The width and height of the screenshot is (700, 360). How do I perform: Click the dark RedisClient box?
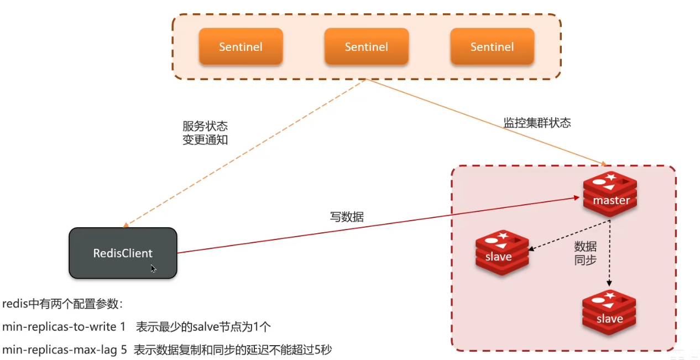[x=123, y=253]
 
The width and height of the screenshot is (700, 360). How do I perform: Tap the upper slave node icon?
[x=502, y=252]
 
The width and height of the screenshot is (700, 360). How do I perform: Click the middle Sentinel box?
[x=366, y=47]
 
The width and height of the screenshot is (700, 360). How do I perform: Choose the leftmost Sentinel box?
[x=241, y=47]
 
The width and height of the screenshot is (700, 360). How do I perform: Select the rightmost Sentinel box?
[x=492, y=47]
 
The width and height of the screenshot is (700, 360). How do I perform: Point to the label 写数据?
[x=347, y=217]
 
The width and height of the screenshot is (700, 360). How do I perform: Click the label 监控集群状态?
[x=537, y=123]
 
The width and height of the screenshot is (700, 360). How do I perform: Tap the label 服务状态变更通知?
[x=205, y=133]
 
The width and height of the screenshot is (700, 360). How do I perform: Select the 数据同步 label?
[x=586, y=253]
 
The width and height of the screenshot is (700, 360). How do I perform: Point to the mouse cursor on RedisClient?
[x=153, y=269]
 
